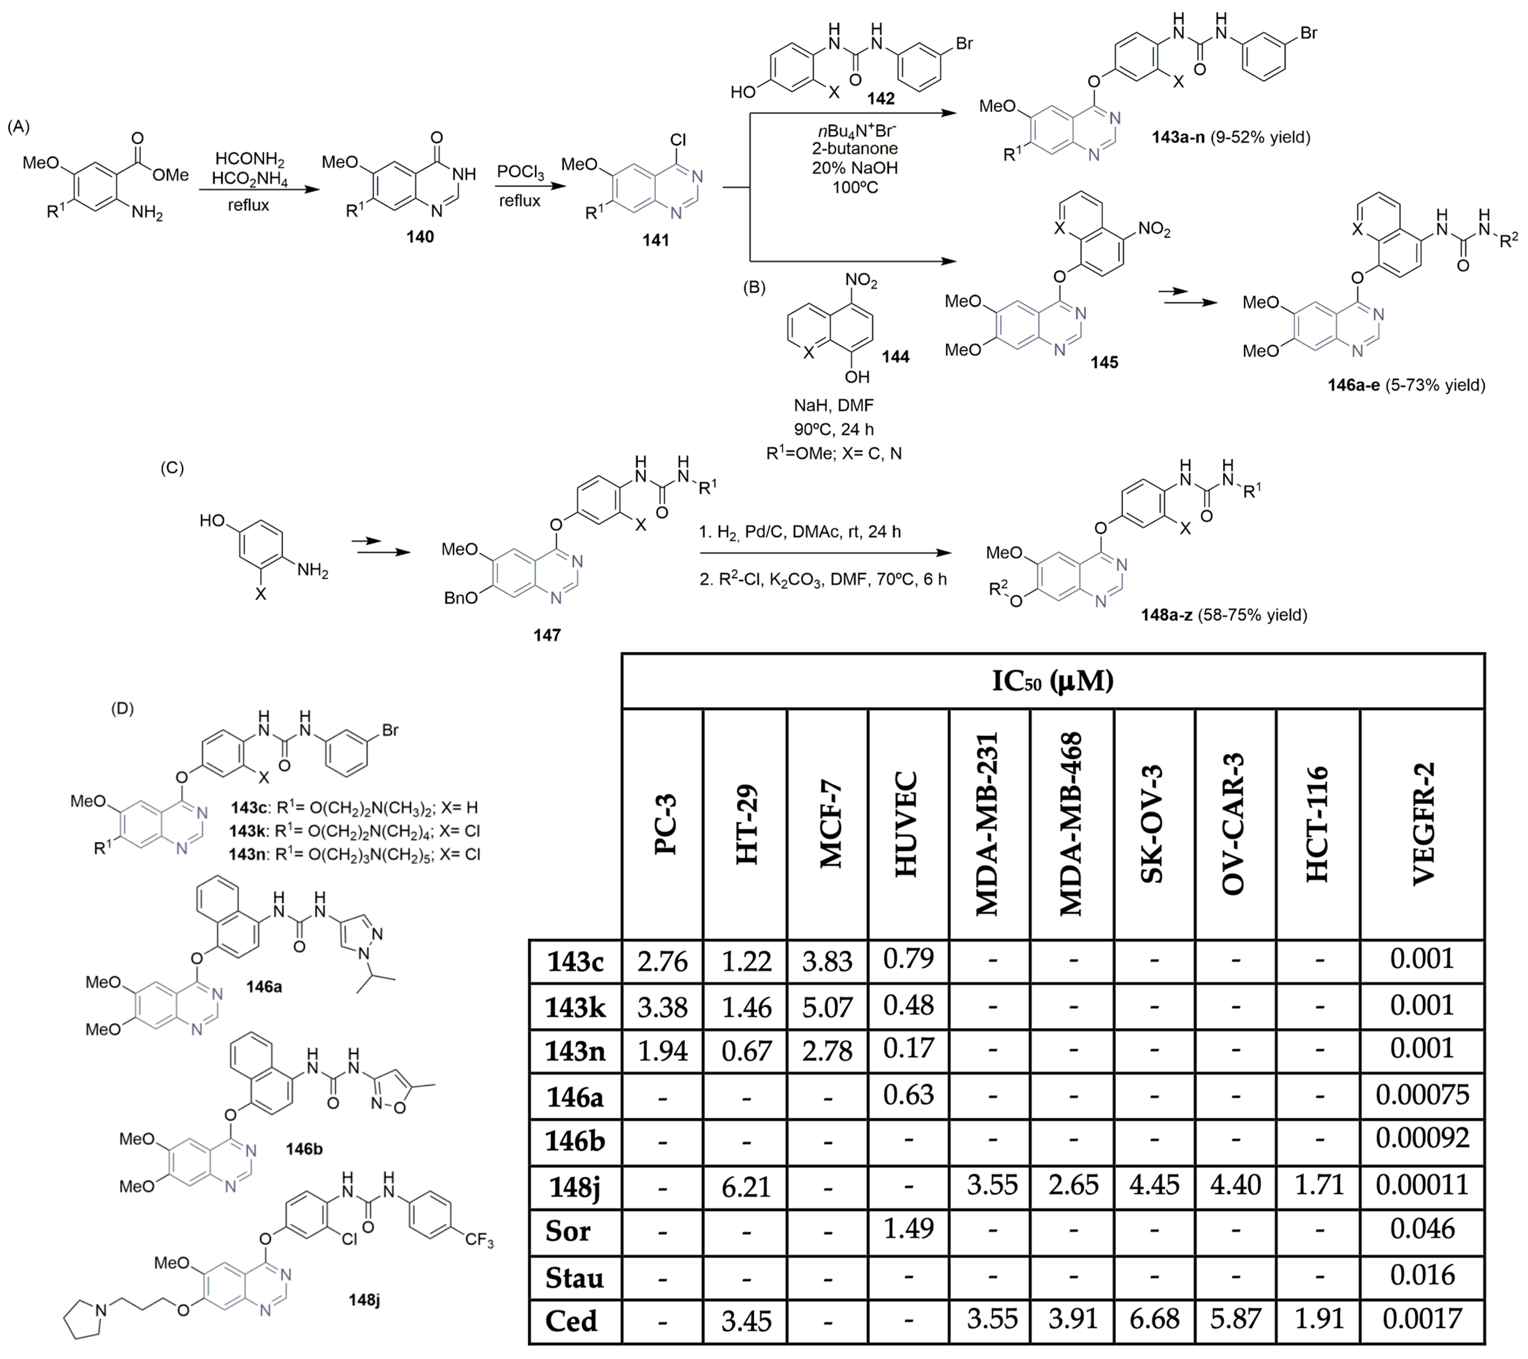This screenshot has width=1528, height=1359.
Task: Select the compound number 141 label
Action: point(656,240)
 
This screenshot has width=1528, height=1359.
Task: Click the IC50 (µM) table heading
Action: point(1053,681)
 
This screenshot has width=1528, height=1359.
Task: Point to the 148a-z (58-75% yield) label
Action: point(1224,615)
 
